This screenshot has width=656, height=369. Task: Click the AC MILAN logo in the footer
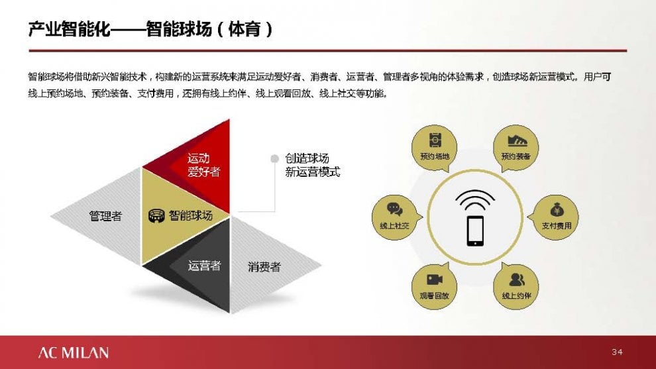pyautogui.click(x=74, y=352)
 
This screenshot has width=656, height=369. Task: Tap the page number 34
pyautogui.click(x=617, y=352)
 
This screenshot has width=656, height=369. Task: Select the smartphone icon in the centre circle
pyautogui.click(x=475, y=231)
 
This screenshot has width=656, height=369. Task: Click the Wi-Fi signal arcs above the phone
pyautogui.click(x=475, y=200)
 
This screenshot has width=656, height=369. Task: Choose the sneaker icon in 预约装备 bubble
pyautogui.click(x=517, y=140)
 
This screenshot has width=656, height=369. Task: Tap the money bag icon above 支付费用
pyautogui.click(x=557, y=209)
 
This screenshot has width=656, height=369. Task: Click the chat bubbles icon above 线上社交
pyautogui.click(x=394, y=209)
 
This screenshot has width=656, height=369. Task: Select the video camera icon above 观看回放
pyautogui.click(x=434, y=280)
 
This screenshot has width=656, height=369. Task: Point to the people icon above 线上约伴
pyautogui.click(x=517, y=280)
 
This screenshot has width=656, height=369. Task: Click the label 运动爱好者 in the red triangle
pyautogui.click(x=203, y=165)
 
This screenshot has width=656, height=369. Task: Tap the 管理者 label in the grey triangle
pyautogui.click(x=105, y=216)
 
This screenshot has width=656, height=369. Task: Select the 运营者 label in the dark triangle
pyautogui.click(x=203, y=265)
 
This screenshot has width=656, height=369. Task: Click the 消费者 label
pyautogui.click(x=264, y=267)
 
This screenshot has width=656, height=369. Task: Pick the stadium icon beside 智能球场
pyautogui.click(x=157, y=216)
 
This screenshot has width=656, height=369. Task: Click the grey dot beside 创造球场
pyautogui.click(x=274, y=158)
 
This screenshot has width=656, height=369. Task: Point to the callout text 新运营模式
pyautogui.click(x=313, y=172)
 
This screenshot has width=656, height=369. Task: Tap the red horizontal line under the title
pyautogui.click(x=327, y=50)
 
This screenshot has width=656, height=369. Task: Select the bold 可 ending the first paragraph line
pyautogui.click(x=606, y=77)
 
